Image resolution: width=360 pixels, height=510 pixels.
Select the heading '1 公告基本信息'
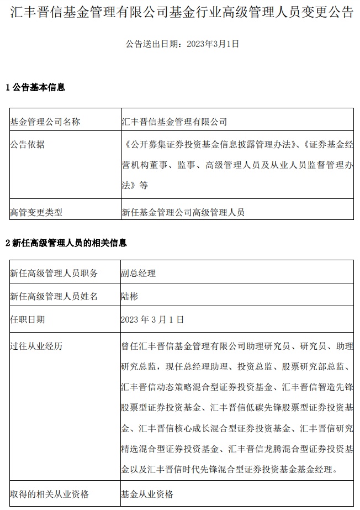pyautogui.click(x=35, y=87)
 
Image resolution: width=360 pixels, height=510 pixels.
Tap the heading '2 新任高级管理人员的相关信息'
pyautogui.click(x=66, y=243)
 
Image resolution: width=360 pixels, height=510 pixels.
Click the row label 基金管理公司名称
pyautogui.click(x=45, y=122)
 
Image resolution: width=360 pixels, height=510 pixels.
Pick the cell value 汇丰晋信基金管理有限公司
pyautogui.click(x=174, y=122)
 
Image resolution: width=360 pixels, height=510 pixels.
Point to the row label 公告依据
pyautogui.click(x=28, y=145)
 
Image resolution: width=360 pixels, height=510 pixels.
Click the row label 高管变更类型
pyautogui.click(x=36, y=212)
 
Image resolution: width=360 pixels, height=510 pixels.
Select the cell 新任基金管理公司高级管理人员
pyautogui.click(x=183, y=212)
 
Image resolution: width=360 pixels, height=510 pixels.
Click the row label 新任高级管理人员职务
pyautogui.click(x=54, y=273)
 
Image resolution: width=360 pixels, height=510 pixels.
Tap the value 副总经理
pyautogui.click(x=138, y=273)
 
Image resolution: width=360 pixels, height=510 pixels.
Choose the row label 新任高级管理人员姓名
pyautogui.click(x=54, y=297)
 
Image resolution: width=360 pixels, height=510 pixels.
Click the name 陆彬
pyautogui.click(x=129, y=297)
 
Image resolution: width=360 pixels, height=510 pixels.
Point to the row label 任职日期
pyautogui.click(x=28, y=319)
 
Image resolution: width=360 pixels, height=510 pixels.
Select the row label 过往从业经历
pyautogui.click(x=36, y=346)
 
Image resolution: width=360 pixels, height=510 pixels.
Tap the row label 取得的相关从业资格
pyautogui.click(x=49, y=494)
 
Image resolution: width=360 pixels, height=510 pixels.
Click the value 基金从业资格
pyautogui.click(x=147, y=494)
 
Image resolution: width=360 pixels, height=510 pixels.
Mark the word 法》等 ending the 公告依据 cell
pyautogui.click(x=134, y=185)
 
